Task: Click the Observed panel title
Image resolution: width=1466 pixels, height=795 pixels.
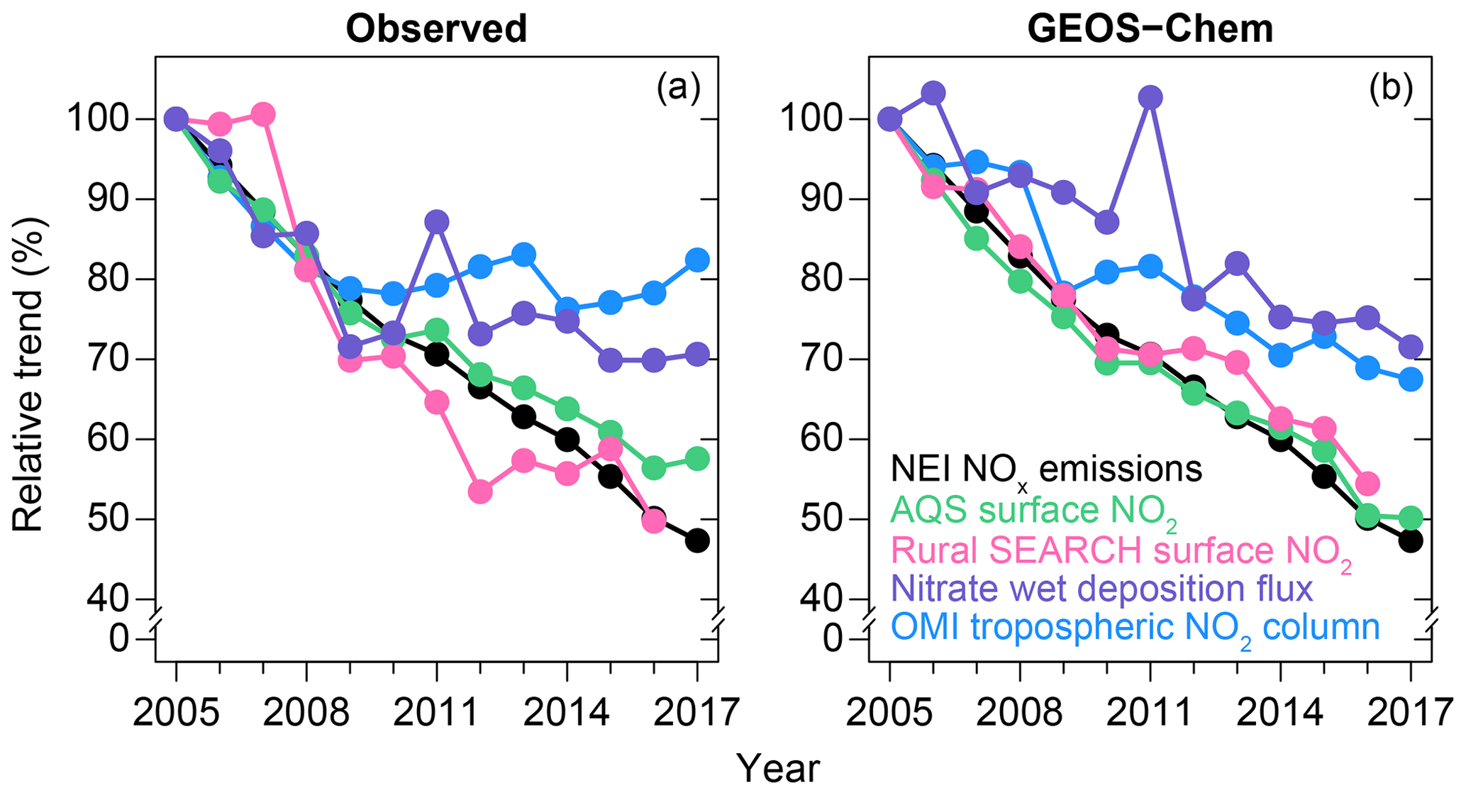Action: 436,30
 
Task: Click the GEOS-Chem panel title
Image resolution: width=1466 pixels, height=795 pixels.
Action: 1150,30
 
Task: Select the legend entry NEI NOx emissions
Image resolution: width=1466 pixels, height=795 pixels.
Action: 1046,469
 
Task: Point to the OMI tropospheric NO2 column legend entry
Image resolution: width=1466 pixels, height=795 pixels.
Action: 1135,628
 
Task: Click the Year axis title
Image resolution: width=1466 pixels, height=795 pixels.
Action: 778,768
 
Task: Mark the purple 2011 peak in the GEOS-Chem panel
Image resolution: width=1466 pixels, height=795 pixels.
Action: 1150,97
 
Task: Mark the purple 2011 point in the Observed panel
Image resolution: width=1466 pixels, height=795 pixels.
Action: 436,221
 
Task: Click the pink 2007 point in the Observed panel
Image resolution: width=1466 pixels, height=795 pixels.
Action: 263,114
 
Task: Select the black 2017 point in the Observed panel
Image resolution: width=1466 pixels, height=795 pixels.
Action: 697,540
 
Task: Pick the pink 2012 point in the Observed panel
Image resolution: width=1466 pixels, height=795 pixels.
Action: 480,491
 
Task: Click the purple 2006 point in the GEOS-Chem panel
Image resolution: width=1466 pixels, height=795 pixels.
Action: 933,92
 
